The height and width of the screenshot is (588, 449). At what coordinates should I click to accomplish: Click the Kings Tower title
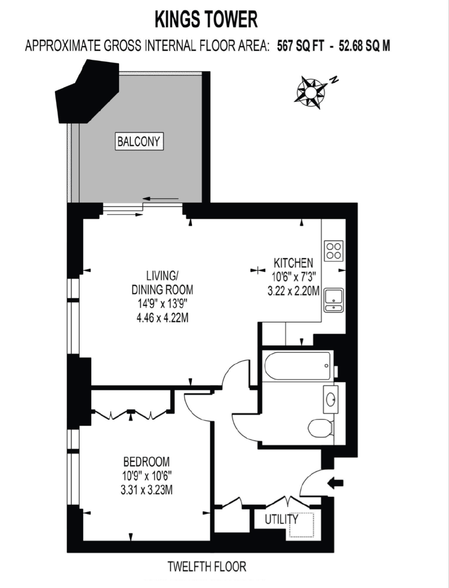click(x=206, y=20)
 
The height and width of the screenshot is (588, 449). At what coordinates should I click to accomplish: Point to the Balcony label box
click(x=139, y=141)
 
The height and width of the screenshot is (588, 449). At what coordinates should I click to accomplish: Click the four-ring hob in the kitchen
click(x=334, y=251)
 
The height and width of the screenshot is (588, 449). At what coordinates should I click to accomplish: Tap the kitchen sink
click(x=334, y=300)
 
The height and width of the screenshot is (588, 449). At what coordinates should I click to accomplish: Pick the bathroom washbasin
click(x=330, y=399)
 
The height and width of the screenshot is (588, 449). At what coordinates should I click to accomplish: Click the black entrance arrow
click(x=335, y=483)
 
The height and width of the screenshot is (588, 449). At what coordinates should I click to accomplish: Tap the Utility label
click(x=281, y=519)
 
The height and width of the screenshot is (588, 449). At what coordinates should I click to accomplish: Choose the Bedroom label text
click(x=147, y=461)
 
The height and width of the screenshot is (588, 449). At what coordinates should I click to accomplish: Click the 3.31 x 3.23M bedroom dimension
click(x=147, y=490)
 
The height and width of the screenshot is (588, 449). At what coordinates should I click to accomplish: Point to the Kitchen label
click(x=293, y=263)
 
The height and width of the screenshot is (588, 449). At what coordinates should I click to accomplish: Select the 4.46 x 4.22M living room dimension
click(x=162, y=318)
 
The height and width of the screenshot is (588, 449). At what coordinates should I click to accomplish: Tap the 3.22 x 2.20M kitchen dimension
click(x=293, y=291)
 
